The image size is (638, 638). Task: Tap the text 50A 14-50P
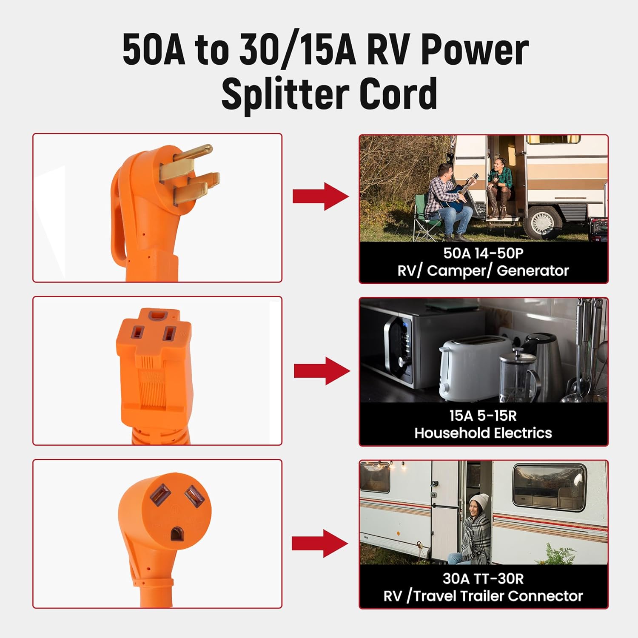483,253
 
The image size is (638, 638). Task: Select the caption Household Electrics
483,433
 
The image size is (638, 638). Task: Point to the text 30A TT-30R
483,578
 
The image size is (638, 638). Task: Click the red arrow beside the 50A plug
320,196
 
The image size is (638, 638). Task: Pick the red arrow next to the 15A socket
322,371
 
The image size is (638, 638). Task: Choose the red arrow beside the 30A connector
319,543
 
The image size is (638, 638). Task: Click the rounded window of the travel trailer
549,487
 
